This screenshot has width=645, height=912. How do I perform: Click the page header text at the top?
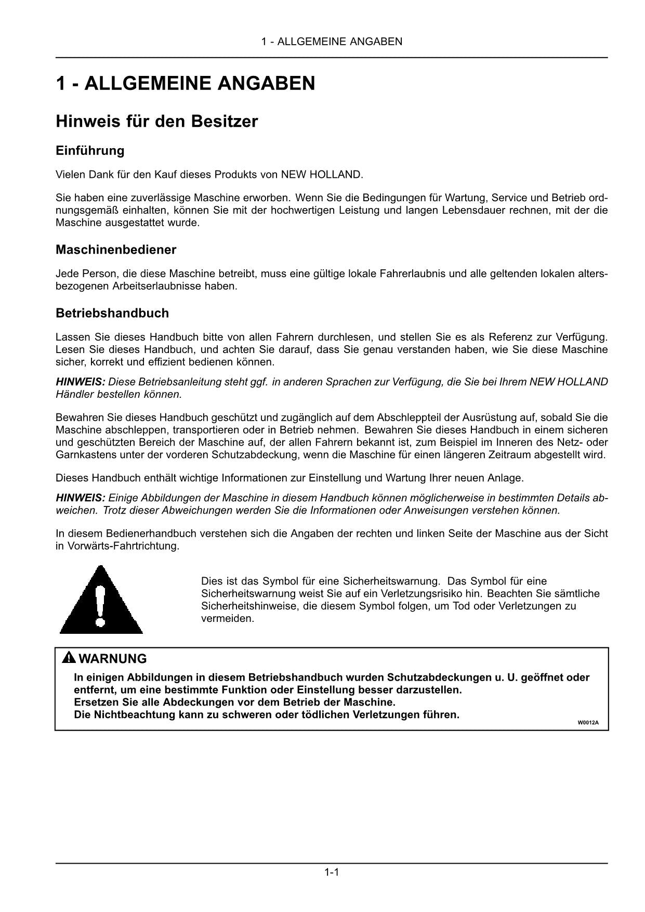coord(332,42)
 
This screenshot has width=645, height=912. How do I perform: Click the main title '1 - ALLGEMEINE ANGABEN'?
coord(186,83)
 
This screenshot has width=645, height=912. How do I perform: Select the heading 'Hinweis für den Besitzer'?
coord(156,122)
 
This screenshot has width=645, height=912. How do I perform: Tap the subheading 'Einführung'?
coord(90,151)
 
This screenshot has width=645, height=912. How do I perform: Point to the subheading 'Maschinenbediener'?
coord(116,250)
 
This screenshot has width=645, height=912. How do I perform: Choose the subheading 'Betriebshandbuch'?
coord(112,313)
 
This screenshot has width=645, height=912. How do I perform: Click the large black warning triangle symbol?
coord(101,600)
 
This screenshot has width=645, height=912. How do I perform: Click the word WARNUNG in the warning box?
coord(113,659)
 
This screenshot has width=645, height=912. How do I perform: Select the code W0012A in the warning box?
coord(585,723)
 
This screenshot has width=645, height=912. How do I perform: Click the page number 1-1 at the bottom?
coord(332,872)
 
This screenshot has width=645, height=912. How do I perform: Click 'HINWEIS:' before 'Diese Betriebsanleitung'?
coord(81,382)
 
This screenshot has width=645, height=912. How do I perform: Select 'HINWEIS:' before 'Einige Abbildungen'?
coord(81,498)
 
